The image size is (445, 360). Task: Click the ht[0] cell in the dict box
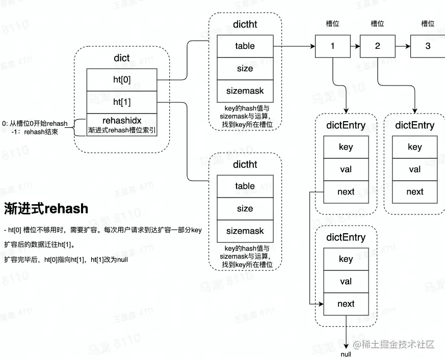click(x=122, y=79)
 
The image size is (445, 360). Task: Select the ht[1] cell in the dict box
click(x=122, y=102)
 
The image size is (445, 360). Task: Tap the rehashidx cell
click(x=122, y=125)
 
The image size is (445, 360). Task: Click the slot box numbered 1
click(x=332, y=46)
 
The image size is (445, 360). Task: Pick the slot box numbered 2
click(x=377, y=46)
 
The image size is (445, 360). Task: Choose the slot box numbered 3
click(x=427, y=46)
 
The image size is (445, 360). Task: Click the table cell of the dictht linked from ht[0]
click(x=245, y=46)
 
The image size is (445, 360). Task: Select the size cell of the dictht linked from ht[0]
click(x=245, y=68)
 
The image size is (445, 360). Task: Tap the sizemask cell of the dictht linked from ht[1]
click(x=245, y=231)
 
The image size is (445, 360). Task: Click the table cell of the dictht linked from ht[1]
click(x=245, y=186)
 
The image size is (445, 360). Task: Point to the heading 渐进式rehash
click(x=46, y=208)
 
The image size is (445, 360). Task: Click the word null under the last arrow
click(x=346, y=354)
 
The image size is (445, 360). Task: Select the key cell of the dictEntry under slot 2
click(x=414, y=147)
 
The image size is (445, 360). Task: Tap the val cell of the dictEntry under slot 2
click(x=414, y=170)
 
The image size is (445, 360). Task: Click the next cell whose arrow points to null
click(x=346, y=304)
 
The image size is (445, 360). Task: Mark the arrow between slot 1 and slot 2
click(x=355, y=46)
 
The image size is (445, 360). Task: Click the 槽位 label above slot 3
click(x=427, y=23)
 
